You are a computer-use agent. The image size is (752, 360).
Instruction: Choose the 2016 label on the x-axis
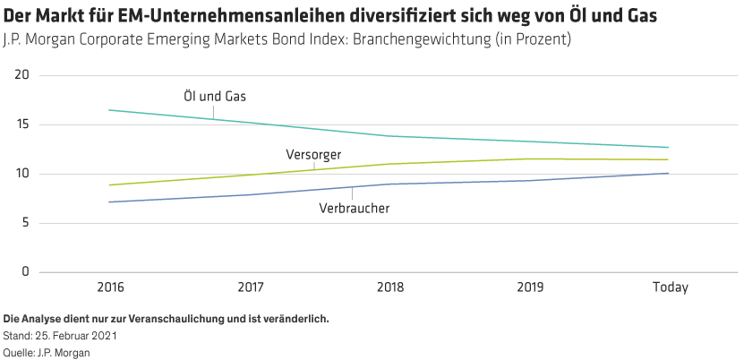point(110,288)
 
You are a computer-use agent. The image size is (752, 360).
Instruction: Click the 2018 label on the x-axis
point(389,288)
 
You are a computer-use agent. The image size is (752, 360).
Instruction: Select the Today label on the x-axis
point(670,288)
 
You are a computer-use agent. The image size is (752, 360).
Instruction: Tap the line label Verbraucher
point(355,209)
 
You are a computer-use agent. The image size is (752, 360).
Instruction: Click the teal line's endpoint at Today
point(667,147)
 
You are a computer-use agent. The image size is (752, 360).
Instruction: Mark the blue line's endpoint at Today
point(667,174)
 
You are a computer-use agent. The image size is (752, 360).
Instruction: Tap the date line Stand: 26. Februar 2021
point(60,336)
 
